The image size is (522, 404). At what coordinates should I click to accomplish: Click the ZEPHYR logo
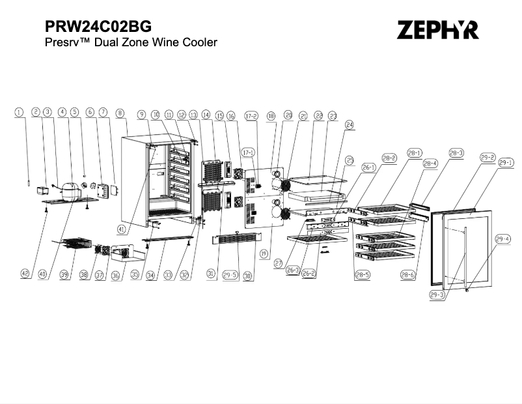point(437,29)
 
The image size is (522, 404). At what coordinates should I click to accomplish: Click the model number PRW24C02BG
point(98,27)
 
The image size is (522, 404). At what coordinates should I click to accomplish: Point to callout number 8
point(120,113)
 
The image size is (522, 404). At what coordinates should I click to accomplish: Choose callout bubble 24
point(350,124)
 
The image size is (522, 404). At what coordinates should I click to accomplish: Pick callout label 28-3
point(456,152)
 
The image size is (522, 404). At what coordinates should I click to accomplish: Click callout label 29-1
point(506,163)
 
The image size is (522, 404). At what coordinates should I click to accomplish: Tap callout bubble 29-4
point(502,239)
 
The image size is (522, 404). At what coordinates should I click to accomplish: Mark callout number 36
point(116,275)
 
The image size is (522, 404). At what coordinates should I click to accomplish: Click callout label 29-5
point(230,275)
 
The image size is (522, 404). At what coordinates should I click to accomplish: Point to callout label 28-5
point(362,275)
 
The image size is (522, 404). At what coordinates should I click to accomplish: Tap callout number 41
point(140,228)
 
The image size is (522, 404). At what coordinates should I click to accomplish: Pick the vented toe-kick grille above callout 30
point(235,239)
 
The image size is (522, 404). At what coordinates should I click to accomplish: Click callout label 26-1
point(369,167)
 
